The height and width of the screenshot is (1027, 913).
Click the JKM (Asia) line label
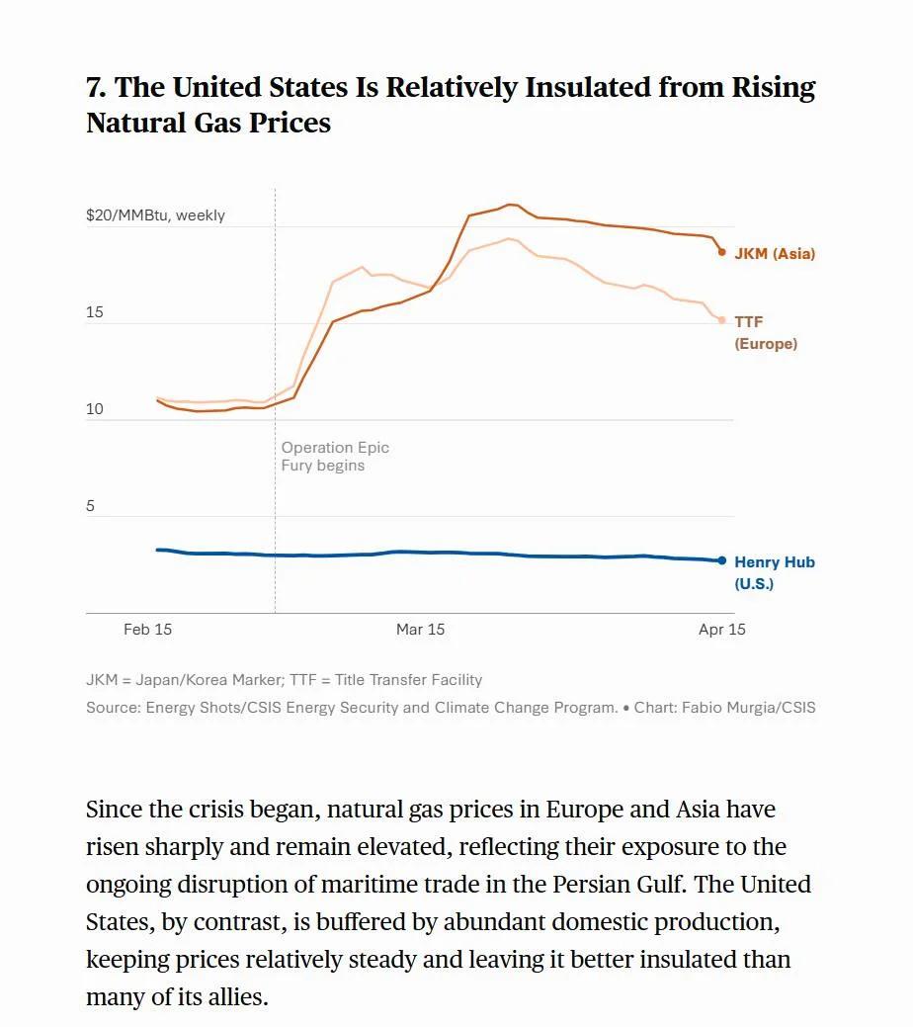click(x=774, y=254)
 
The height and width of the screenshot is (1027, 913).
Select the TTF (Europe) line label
click(x=765, y=333)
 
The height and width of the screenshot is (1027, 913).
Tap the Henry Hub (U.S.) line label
click(x=774, y=572)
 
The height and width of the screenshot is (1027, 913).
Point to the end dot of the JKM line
click(x=721, y=252)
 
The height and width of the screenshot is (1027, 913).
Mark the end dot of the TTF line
click(x=721, y=320)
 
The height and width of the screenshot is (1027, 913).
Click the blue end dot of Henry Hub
click(x=721, y=560)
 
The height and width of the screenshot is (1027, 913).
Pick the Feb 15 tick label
click(x=147, y=630)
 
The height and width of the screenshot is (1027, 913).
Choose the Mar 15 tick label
click(x=420, y=630)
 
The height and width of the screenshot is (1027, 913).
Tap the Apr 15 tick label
click(x=721, y=630)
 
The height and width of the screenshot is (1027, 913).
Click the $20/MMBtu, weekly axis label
click(x=155, y=215)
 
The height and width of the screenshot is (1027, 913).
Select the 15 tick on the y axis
click(x=95, y=312)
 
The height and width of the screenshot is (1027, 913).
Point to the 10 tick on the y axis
click(x=95, y=409)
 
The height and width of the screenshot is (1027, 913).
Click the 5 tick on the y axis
click(x=91, y=506)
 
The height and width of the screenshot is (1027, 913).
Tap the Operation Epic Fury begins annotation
click(x=335, y=457)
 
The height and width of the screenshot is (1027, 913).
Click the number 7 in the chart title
click(x=95, y=88)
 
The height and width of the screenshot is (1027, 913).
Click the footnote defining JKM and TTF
click(x=284, y=680)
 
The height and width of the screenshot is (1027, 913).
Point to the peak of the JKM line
click(x=510, y=205)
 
